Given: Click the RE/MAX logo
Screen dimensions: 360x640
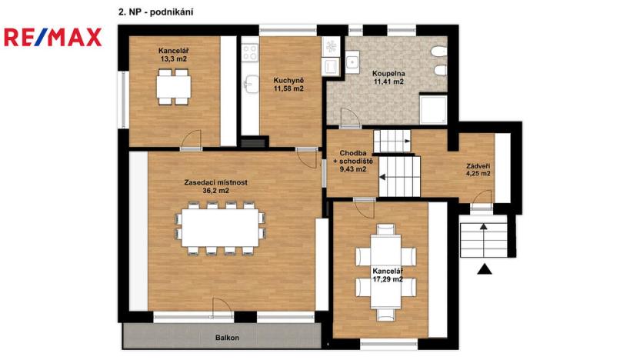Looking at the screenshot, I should pyautogui.click(x=52, y=37).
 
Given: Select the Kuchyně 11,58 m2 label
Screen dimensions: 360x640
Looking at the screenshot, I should pyautogui.click(x=288, y=84).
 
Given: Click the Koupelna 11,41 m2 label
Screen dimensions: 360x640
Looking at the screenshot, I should pyautogui.click(x=388, y=77).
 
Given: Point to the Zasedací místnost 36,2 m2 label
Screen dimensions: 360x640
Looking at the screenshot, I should pyautogui.click(x=215, y=186).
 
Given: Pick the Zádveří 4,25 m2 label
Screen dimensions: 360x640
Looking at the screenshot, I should pyautogui.click(x=478, y=170).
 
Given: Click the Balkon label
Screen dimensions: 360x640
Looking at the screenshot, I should pyautogui.click(x=228, y=338).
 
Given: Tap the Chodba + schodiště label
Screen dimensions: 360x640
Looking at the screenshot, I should pyautogui.click(x=356, y=161).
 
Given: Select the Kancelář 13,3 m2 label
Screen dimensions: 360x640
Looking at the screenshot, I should pyautogui.click(x=174, y=54).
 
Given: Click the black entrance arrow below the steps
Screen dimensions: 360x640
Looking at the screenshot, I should pyautogui.click(x=485, y=268).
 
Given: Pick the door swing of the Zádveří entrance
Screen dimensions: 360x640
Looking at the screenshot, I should pyautogui.click(x=480, y=202).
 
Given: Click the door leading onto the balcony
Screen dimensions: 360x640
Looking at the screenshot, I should pyautogui.click(x=221, y=306).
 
